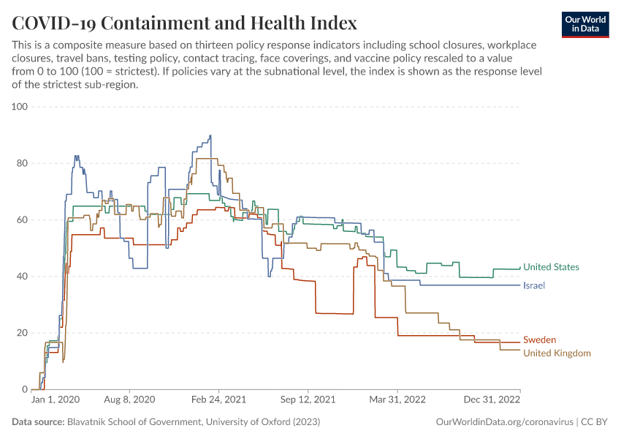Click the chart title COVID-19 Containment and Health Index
tap(184, 23)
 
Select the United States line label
tap(551, 267)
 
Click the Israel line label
tap(534, 285)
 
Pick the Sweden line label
tap(539, 339)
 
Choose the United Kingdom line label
tap(557, 353)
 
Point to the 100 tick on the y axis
tap(19, 107)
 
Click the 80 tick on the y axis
tap(21, 163)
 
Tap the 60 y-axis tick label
tap(21, 219)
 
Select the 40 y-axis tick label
tap(21, 277)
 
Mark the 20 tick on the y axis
tap(21, 333)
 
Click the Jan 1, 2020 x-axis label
tap(56, 401)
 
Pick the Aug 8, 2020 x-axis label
tap(131, 401)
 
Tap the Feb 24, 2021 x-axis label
tap(219, 401)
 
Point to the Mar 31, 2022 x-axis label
tap(398, 401)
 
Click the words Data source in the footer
tap(38, 422)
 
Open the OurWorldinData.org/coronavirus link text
tap(504, 422)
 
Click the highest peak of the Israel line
tap(210, 135)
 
